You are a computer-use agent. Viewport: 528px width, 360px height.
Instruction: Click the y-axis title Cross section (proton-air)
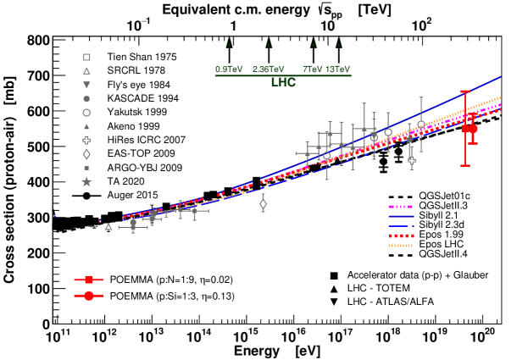click(11, 182)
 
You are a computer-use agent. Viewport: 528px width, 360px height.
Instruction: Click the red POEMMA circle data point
click(473, 129)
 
